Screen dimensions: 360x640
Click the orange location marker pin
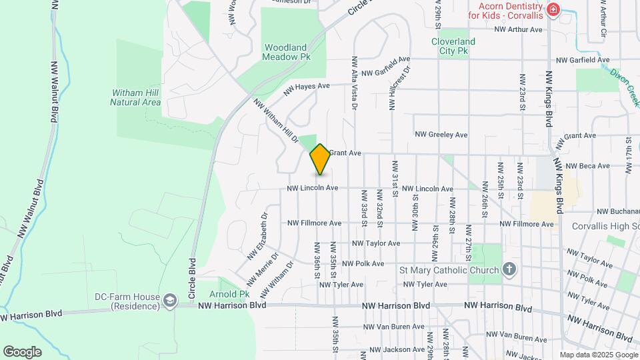320,159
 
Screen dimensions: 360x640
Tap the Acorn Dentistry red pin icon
553,10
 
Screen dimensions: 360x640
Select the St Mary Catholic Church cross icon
509,269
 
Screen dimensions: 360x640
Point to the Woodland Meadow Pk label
287,52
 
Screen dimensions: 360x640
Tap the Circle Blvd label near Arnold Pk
193,278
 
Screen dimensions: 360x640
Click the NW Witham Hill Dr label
275,121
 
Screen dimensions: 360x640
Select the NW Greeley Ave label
441,135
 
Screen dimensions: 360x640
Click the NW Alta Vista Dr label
354,83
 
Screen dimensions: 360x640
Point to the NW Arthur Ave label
518,29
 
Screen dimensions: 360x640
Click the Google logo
22,351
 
